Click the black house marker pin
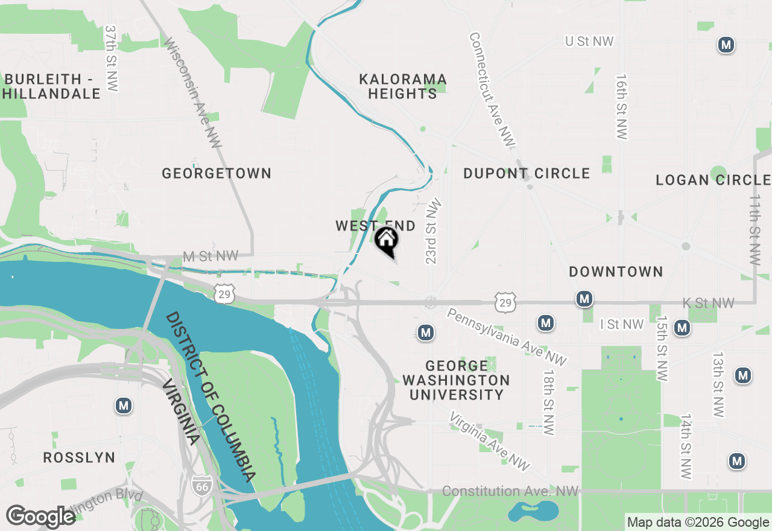pyautogui.click(x=387, y=241)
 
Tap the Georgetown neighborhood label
pyautogui.click(x=217, y=173)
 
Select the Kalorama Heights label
pyautogui.click(x=403, y=86)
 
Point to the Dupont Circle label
pyautogui.click(x=527, y=173)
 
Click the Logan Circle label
pyautogui.click(x=713, y=180)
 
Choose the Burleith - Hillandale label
pyautogui.click(x=52, y=86)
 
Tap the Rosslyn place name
pyautogui.click(x=79, y=457)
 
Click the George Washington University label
pyautogui.click(x=456, y=380)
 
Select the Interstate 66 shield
pyautogui.click(x=201, y=484)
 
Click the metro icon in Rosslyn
pyautogui.click(x=124, y=405)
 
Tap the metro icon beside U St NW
pyautogui.click(x=726, y=45)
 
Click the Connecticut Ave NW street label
pyautogui.click(x=492, y=89)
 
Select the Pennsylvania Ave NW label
pyautogui.click(x=507, y=337)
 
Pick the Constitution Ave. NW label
pyautogui.click(x=510, y=492)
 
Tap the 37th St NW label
pyautogui.click(x=111, y=58)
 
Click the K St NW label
pyautogui.click(x=708, y=303)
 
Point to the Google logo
pyautogui.click(x=40, y=517)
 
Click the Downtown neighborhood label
pyautogui.click(x=616, y=272)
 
